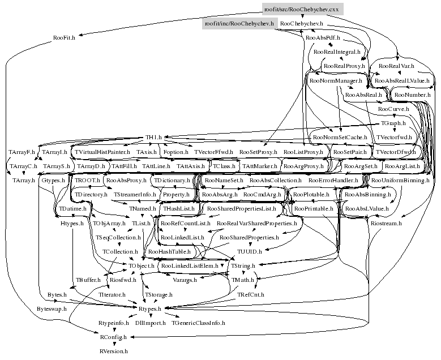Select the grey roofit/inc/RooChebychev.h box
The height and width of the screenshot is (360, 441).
239,24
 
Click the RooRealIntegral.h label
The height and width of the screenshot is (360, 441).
337,52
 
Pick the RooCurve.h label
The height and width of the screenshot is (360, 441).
393,109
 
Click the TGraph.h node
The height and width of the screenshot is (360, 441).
392,123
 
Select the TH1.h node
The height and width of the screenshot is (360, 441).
153,138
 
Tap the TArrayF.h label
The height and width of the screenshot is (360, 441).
22,152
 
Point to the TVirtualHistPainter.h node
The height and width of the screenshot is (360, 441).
102,152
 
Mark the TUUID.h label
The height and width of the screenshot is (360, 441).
249,251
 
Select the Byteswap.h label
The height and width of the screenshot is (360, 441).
52,309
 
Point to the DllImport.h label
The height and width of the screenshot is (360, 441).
151,323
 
